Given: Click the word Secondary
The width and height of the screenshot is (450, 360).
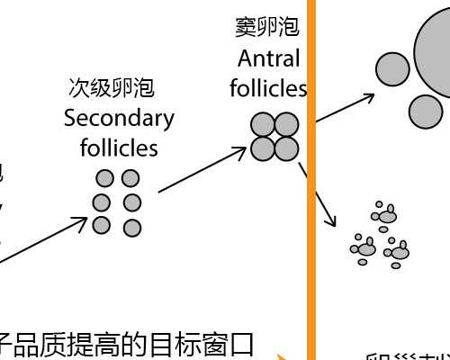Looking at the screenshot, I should [119, 118].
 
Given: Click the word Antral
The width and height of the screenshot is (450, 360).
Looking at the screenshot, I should [268, 58].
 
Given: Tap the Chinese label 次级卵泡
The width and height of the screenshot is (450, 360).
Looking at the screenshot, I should [112, 88].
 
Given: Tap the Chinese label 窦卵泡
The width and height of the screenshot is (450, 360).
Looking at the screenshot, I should [266, 28].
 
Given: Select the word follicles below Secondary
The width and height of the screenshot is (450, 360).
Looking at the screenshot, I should [119, 147].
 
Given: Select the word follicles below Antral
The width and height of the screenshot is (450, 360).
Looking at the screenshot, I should [268, 88].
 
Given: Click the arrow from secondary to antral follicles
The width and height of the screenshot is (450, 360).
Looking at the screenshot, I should [202, 169].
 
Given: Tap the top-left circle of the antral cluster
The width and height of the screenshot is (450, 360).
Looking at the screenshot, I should [262, 124].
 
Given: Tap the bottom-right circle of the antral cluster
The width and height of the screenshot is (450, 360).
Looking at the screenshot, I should [286, 148].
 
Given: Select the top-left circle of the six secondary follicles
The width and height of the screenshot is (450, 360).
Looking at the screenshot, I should [105, 178].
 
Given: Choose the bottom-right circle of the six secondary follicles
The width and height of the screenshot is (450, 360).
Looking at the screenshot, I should [132, 227].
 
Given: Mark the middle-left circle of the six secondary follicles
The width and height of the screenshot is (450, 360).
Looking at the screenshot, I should [103, 202].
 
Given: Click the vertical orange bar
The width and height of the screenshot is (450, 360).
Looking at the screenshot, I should [312, 180].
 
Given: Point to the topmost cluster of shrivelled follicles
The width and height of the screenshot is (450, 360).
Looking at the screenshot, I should [385, 214].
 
